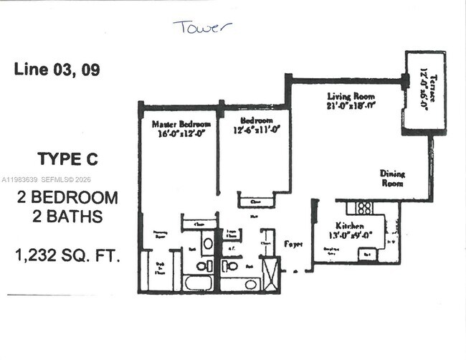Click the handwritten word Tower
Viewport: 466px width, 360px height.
[x=202, y=27]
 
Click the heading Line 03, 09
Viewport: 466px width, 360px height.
[x=57, y=70]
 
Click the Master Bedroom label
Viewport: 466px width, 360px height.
[x=181, y=124]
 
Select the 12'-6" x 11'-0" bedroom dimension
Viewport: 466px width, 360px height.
[x=255, y=130]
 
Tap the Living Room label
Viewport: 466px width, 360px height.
[x=351, y=96]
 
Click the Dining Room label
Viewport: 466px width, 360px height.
[x=392, y=178]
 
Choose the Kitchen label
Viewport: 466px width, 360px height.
[x=351, y=226]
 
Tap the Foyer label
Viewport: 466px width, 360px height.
[x=294, y=244]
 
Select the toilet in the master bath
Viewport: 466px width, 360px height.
[x=203, y=266]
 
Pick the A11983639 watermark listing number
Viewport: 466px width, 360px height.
[x=22, y=181]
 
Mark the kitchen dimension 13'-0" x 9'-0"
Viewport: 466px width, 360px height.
[x=351, y=235]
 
